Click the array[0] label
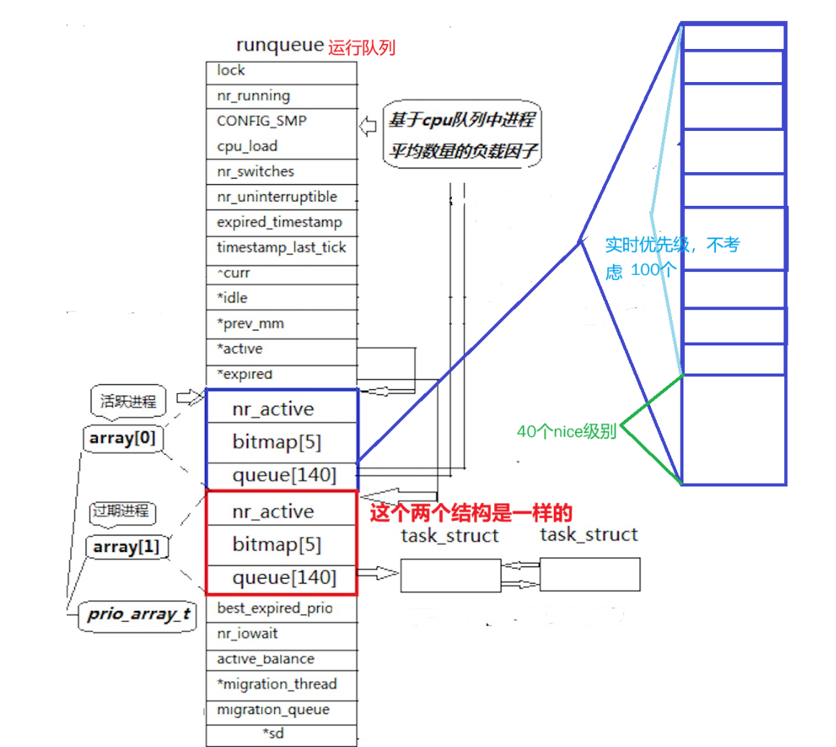(122, 438)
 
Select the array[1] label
(126, 547)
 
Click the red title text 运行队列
(362, 48)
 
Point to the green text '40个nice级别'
(566, 432)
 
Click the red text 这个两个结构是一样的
(471, 513)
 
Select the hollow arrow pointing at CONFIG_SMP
(368, 127)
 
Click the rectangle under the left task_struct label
(450, 575)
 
